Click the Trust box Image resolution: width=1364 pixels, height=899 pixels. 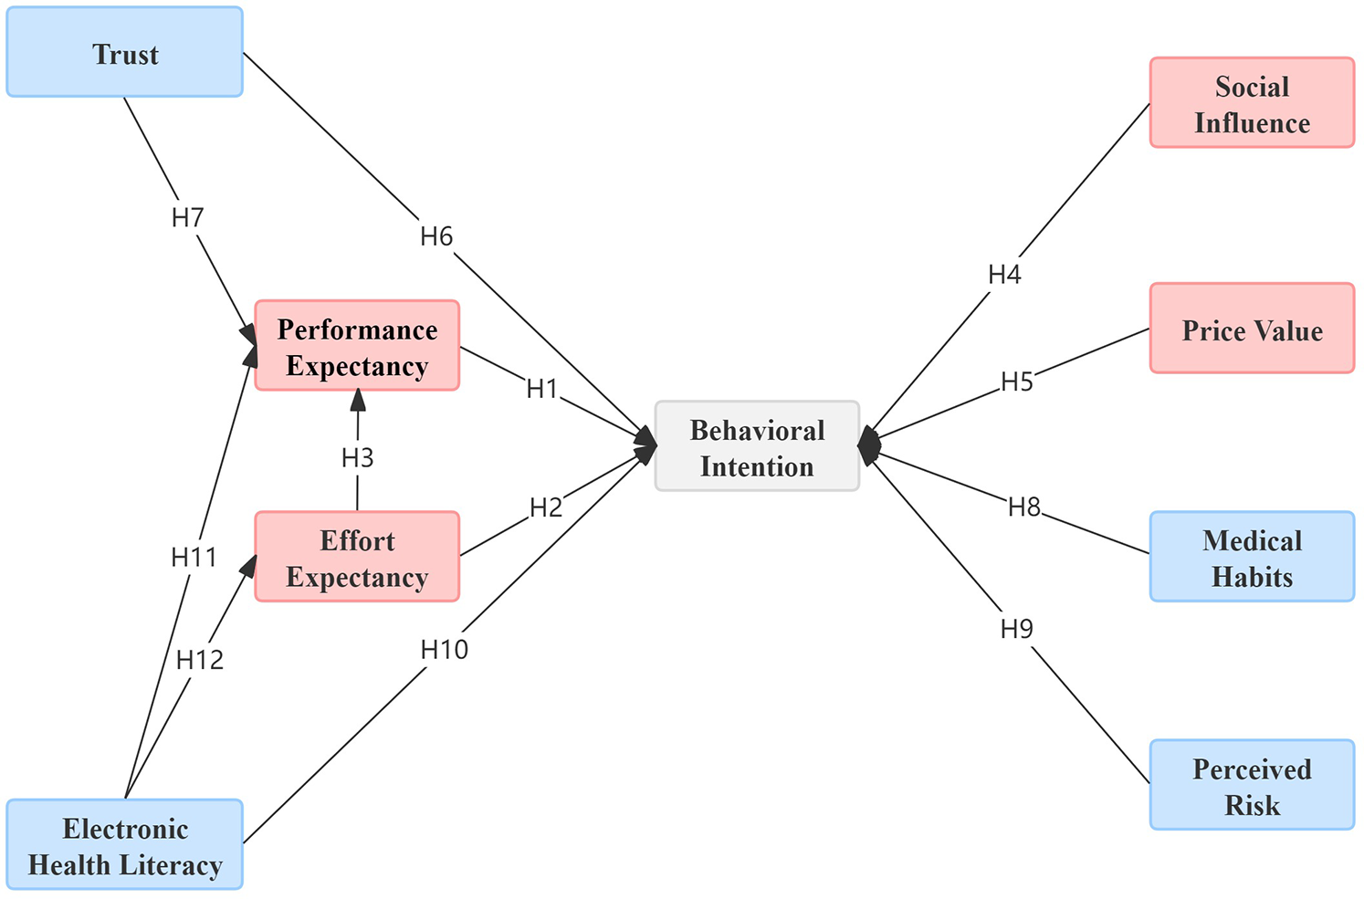tap(125, 53)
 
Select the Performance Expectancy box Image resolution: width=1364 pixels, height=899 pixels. tap(357, 346)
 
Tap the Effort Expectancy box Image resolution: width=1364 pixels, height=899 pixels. tap(357, 557)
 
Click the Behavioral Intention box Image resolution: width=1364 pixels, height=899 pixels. tap(757, 446)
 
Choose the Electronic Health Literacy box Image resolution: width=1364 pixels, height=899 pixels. tap(125, 844)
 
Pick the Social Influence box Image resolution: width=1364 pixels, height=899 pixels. tap(1252, 103)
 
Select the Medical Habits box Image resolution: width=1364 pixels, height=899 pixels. tap(1252, 557)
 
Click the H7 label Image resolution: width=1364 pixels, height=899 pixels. tap(188, 218)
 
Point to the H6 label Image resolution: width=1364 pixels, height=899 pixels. tap(436, 237)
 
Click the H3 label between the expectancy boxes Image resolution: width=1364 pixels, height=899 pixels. tap(358, 457)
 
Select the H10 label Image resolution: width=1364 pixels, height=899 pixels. tap(445, 650)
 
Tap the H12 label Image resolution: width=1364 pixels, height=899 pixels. tap(200, 660)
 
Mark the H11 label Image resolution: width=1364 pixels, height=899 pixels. tap(194, 557)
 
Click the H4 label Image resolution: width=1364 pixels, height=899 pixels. tap(1004, 275)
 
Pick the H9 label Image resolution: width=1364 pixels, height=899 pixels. tap(1016, 629)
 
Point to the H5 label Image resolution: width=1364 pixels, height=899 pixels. tap(1017, 382)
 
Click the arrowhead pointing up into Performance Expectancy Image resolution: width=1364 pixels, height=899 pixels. tap(358, 400)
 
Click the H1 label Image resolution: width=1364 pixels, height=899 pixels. tap(542, 389)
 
